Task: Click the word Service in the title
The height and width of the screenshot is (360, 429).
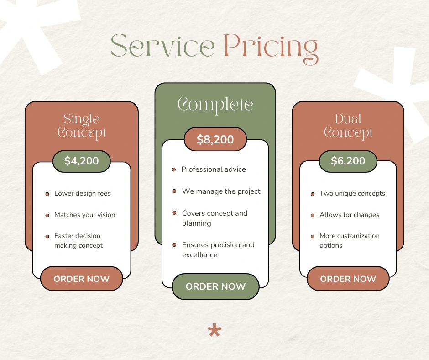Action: coord(162,46)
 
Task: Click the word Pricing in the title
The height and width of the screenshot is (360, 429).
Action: coord(271,49)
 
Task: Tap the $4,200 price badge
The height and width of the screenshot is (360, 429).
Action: coord(82,161)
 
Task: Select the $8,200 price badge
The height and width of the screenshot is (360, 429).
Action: coord(215,139)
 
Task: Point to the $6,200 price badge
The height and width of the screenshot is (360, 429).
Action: coord(348,161)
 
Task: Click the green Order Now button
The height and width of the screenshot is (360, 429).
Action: coord(215,286)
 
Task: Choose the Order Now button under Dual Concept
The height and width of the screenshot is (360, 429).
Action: coord(348,279)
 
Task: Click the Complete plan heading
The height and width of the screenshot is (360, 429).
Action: coord(215,105)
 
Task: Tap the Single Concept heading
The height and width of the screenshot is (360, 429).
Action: coord(82,126)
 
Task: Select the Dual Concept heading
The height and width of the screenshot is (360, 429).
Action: coord(348,126)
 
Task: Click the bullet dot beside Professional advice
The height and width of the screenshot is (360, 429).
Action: coord(173,169)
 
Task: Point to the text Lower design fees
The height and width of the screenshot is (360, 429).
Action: coord(82,193)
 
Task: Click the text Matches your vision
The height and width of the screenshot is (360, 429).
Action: coord(84,215)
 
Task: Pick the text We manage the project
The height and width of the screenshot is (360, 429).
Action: coord(221,191)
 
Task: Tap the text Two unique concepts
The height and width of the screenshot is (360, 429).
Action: coord(352,193)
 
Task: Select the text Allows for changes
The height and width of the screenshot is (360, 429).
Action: coord(350,215)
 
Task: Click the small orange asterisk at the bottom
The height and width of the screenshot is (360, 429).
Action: coord(214,330)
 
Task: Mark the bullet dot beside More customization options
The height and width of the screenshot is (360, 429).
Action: coord(313,237)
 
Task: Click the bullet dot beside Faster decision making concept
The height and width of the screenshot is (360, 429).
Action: coord(47,237)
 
